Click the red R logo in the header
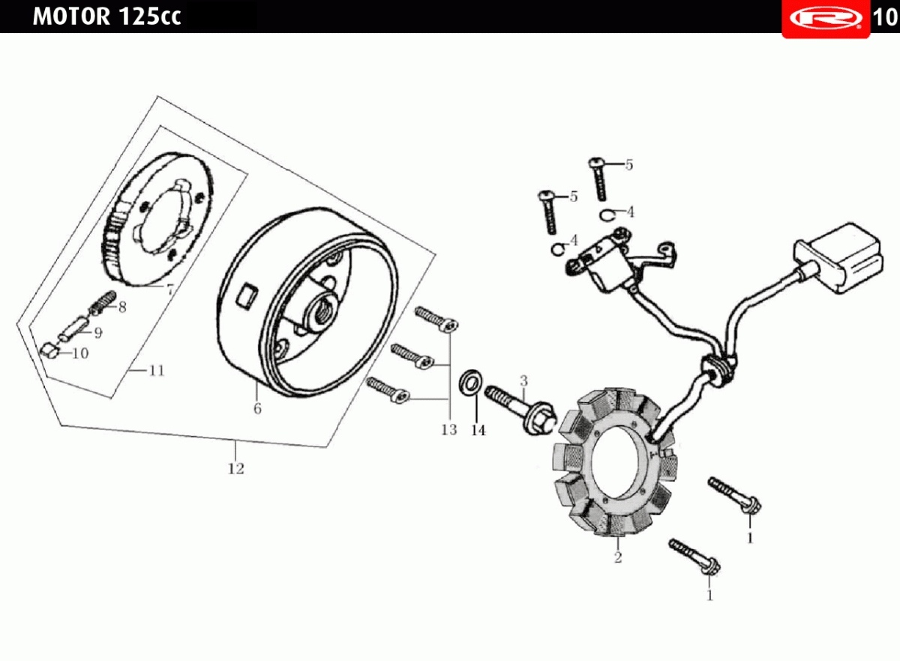[x=826, y=18]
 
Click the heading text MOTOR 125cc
[x=106, y=17]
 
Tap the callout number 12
[x=235, y=468]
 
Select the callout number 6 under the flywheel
[x=257, y=409]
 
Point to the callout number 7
[x=170, y=290]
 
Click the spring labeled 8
[x=103, y=303]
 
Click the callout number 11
[x=157, y=371]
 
